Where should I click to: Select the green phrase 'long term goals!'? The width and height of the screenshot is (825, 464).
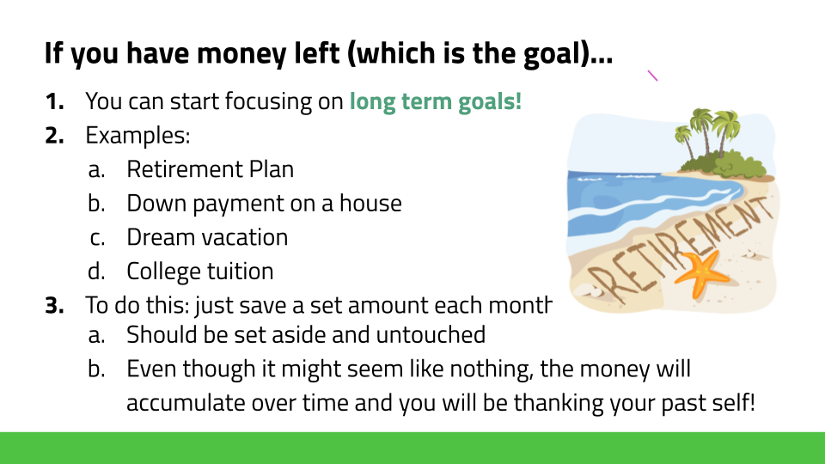[x=436, y=101]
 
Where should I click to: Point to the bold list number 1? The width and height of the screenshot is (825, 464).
[x=54, y=101]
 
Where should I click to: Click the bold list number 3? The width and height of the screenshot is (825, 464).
[x=54, y=306]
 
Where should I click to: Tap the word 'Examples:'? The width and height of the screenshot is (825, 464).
[x=137, y=136]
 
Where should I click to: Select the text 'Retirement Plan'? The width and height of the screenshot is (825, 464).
[x=210, y=169]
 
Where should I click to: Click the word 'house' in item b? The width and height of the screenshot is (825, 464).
[x=370, y=203]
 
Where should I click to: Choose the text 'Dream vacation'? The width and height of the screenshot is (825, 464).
[x=207, y=237]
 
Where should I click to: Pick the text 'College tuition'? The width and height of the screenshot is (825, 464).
[x=200, y=272]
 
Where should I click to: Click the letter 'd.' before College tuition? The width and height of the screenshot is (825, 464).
[x=96, y=272]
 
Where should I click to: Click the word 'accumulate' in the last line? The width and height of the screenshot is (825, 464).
[x=186, y=403]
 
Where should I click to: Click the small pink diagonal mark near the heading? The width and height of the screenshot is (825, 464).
[x=652, y=76]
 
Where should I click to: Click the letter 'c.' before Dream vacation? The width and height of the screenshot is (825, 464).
[x=97, y=238]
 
